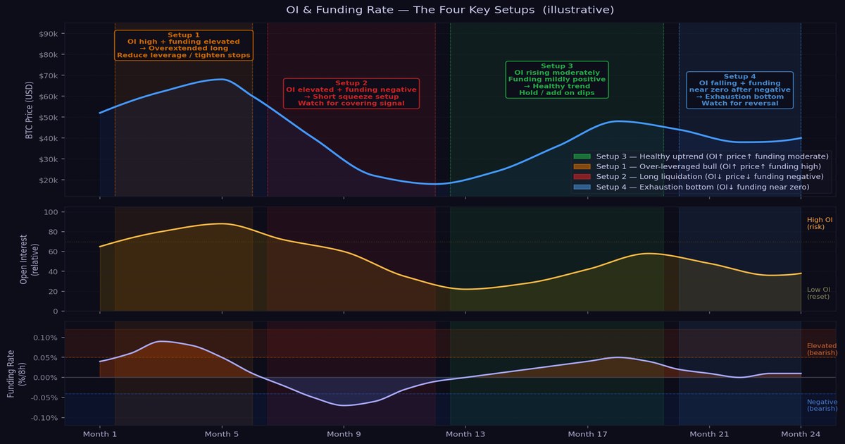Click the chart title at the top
[450, 10]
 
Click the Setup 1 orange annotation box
[184, 45]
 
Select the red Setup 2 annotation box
[351, 93]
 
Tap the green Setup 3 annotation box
[557, 80]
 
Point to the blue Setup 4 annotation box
[739, 90]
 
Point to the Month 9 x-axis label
[344, 434]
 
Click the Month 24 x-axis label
[801, 434]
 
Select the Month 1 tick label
[100, 434]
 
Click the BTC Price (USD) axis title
[30, 113]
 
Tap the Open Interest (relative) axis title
[28, 259]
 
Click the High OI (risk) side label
[820, 223]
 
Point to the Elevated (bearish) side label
[822, 350]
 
